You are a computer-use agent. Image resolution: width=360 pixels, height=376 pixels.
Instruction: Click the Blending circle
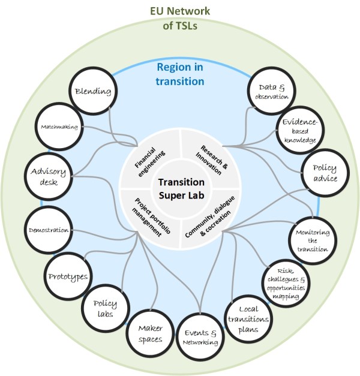coord(93,92)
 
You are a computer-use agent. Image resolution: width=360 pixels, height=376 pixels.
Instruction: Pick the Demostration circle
coord(49,229)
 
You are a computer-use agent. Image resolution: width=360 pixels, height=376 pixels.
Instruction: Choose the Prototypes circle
coord(68,276)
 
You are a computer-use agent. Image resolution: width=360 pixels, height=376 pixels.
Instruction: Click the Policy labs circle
coord(104,308)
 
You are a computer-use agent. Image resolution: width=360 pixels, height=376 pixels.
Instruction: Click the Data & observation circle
coord(268,92)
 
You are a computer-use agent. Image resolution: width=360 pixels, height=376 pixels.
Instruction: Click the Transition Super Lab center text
coord(179,188)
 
